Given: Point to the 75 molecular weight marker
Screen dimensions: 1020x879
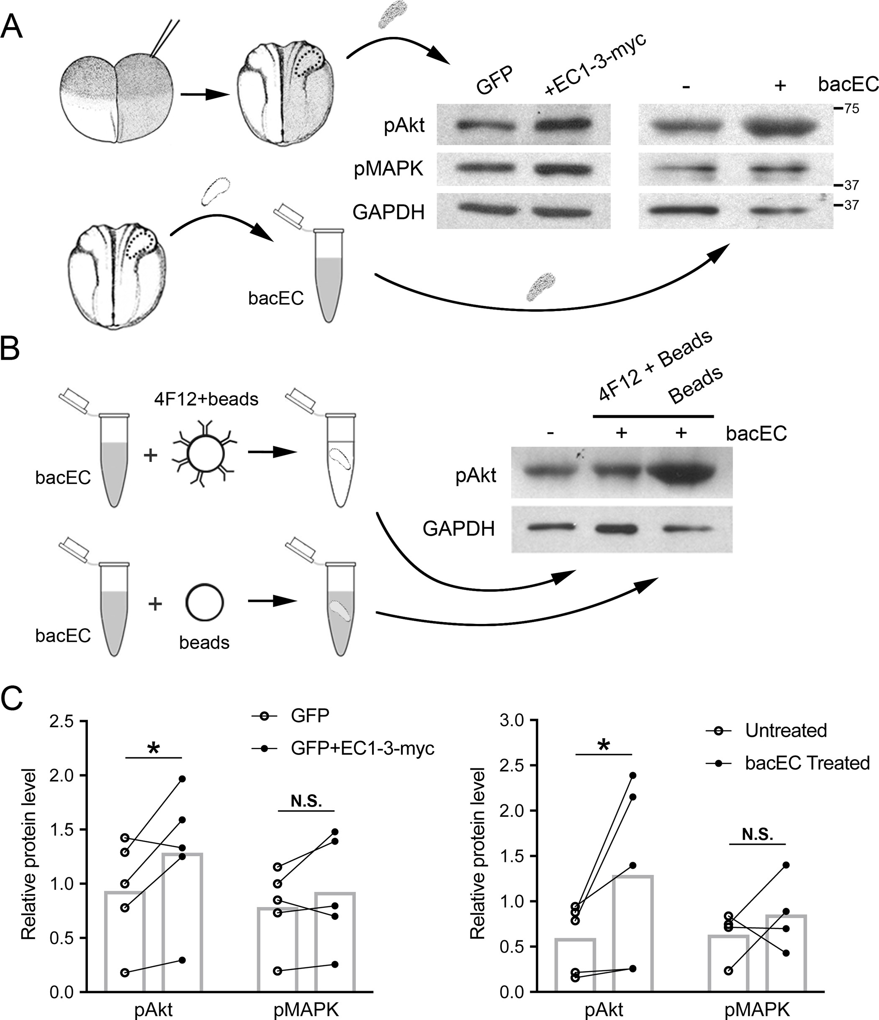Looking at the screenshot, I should click(851, 109).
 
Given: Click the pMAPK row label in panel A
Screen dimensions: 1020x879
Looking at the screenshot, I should click(388, 169).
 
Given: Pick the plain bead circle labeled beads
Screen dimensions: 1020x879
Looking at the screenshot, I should click(204, 603).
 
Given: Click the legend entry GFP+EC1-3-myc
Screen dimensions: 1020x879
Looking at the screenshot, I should click(362, 749).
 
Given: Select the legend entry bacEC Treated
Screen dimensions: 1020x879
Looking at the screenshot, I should click(807, 762).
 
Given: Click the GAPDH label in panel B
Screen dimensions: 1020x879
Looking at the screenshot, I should click(458, 529).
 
